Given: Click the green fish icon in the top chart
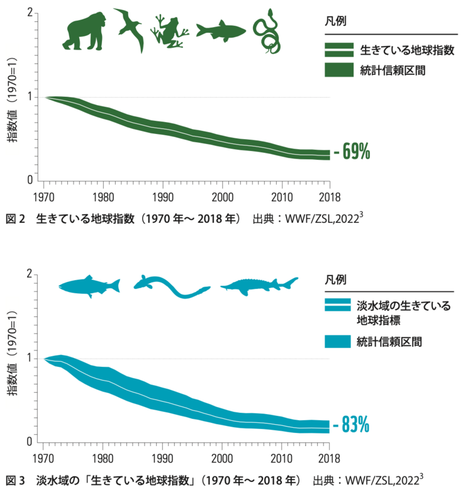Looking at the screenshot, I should tap(220, 31).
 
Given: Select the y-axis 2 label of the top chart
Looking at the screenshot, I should tap(30, 13).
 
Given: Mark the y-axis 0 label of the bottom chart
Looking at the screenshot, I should tap(30, 442).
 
